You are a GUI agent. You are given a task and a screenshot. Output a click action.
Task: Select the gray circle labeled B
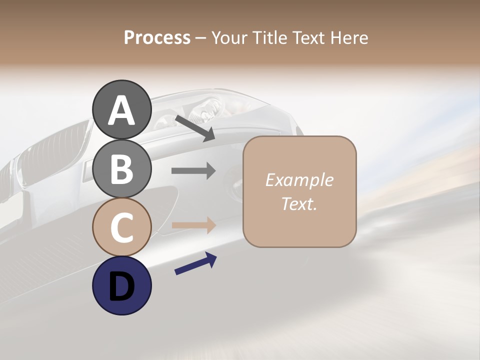coord(121,168)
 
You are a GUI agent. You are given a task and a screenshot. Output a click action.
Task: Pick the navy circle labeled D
coord(121,285)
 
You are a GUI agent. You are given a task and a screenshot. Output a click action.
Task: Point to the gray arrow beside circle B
coord(193,171)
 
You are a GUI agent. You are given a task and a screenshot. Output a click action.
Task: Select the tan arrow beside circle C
coord(193,225)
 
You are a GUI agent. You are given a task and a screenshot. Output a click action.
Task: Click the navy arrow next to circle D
coord(195,263)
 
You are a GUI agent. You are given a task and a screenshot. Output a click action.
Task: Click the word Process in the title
coord(157,37)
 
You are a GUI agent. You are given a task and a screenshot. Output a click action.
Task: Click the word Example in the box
coord(299,180)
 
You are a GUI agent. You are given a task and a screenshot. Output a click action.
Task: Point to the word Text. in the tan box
coord(299,203)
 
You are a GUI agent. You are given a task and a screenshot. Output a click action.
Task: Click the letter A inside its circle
coord(121,110)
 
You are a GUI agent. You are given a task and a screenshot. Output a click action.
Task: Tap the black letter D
coord(121,286)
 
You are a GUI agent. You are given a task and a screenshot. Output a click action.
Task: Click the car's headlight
coord(210,107)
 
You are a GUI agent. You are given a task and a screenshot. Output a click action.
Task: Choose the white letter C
coord(121,227)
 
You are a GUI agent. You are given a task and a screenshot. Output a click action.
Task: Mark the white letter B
coord(121,169)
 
